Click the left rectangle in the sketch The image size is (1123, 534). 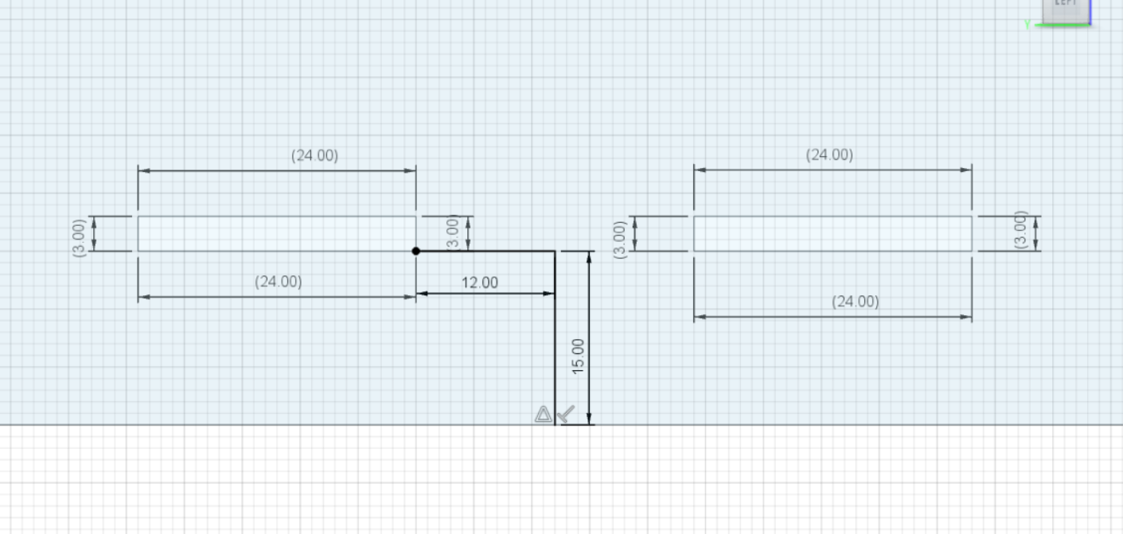[x=276, y=233]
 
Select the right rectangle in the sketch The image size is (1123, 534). [x=833, y=233]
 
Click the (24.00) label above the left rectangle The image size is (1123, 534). [x=314, y=155]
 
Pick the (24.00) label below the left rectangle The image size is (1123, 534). [x=279, y=282]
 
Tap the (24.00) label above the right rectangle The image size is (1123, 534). [x=829, y=154]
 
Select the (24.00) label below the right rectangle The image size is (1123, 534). [x=856, y=302]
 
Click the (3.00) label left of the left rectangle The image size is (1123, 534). [x=79, y=237]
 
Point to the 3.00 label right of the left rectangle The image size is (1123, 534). [x=453, y=232]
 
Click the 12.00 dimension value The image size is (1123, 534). [x=480, y=283]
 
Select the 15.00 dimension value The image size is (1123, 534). [x=578, y=355]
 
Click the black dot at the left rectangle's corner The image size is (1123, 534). [x=415, y=251]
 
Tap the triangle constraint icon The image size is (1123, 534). [x=543, y=414]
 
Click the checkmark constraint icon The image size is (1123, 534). [x=566, y=414]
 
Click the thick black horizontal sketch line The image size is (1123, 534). [x=485, y=251]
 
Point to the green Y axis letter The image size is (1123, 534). [x=1027, y=25]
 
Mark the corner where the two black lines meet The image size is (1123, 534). [x=555, y=251]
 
